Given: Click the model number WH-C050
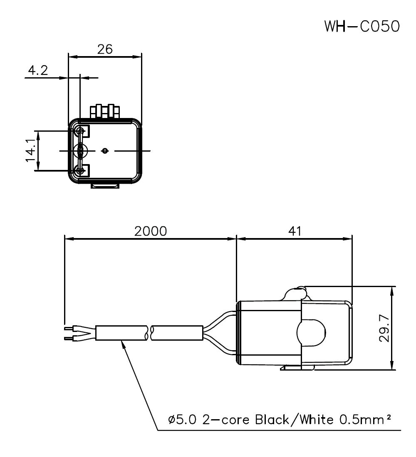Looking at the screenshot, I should pos(362,26).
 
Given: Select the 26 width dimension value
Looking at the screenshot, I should pos(105,49).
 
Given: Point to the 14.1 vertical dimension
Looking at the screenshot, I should pos(30,151).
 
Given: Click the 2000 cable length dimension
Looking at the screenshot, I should pos(150,231).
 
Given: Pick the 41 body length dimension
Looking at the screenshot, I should pos(295,231).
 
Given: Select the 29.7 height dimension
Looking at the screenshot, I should pos(384,328).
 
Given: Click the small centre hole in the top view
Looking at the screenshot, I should pos(105,151).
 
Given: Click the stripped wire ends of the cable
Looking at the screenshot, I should pos(69,334).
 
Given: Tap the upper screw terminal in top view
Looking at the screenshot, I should pos(80,132).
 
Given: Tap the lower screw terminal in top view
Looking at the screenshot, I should pos(80,170).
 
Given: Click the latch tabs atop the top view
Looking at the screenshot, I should pos(105,111).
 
